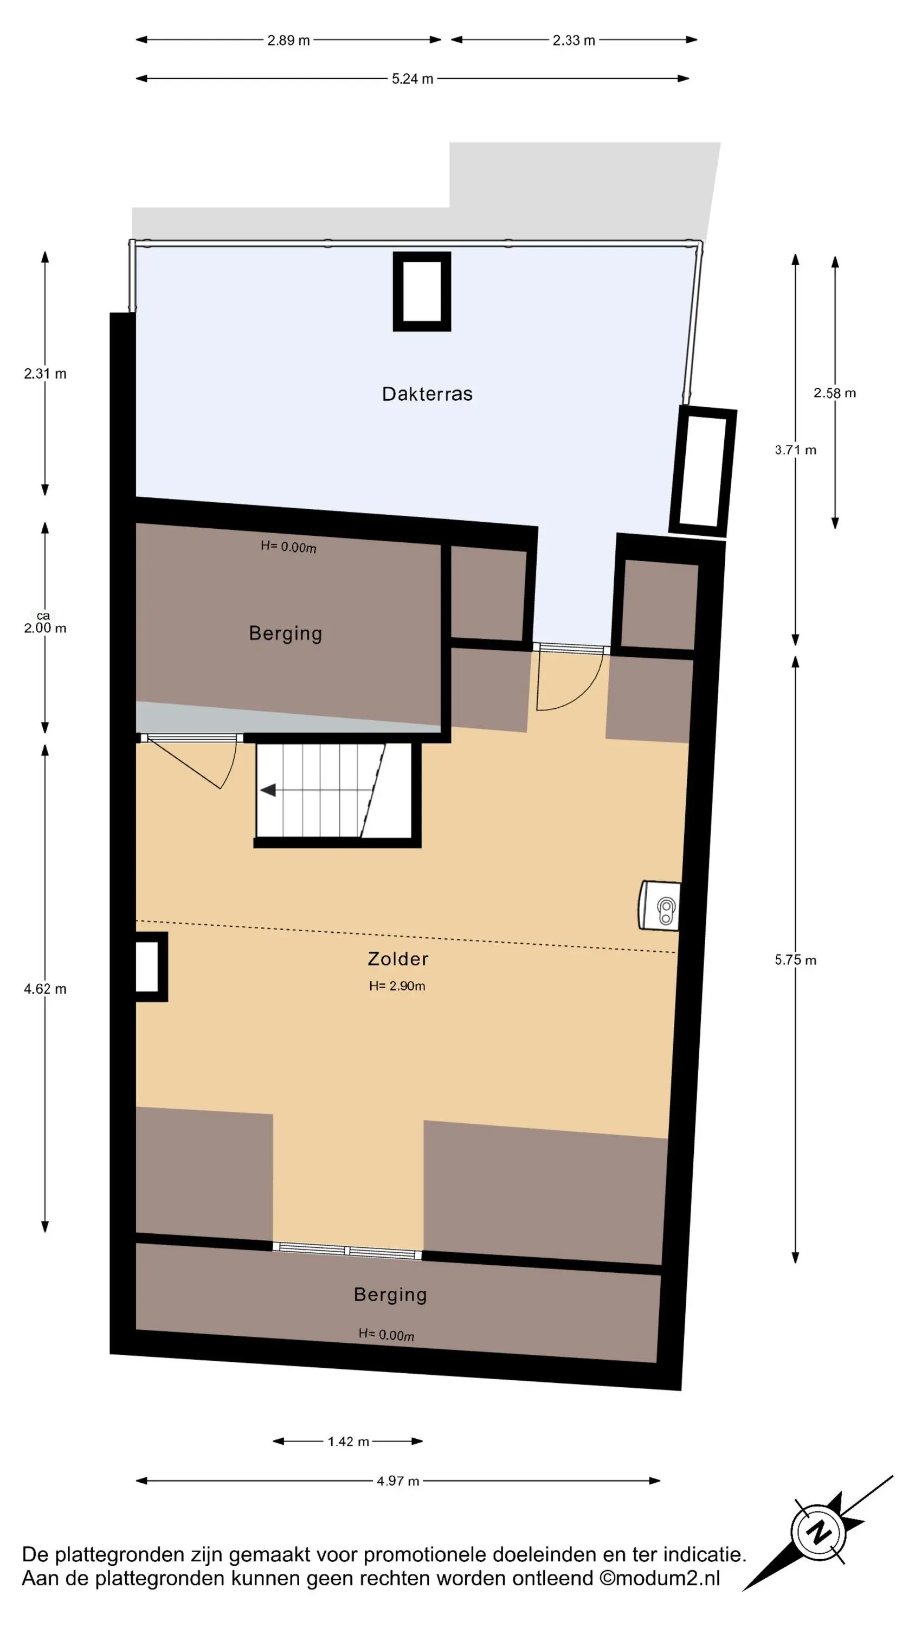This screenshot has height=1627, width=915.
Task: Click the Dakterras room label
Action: pos(427,394)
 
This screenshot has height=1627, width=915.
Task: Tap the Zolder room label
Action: pos(398,959)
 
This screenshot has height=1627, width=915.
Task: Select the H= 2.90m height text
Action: pos(397,986)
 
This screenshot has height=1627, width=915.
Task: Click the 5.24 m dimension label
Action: pos(413,79)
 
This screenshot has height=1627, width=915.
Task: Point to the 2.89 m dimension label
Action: pos(288,41)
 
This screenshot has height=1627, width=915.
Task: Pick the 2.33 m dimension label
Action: pos(574,41)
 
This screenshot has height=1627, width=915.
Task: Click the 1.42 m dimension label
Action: pos(348,1442)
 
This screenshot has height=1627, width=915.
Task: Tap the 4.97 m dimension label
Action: pos(398,1481)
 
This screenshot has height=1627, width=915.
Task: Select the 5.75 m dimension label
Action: pos(796,960)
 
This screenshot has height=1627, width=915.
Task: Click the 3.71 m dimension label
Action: pos(796,450)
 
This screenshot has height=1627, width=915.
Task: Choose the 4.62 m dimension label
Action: pos(45,989)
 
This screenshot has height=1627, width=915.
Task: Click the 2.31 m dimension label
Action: pos(45,373)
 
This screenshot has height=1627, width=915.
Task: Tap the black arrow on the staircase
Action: pos(268,790)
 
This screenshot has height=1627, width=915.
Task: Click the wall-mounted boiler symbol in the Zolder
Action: pos(660,906)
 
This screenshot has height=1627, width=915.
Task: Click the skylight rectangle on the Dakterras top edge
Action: pos(422,291)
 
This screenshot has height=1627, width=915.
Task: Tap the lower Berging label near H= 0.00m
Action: pos(390,1294)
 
